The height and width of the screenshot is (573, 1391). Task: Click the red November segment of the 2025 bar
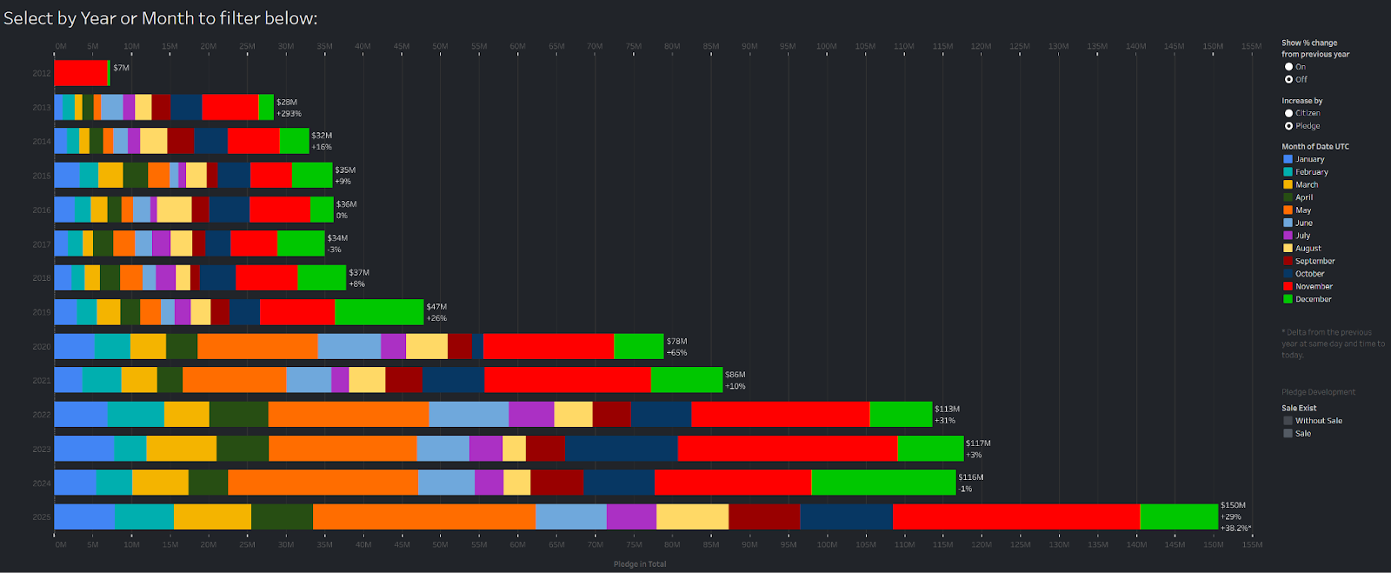(1015, 516)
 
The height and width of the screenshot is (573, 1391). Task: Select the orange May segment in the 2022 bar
(348, 414)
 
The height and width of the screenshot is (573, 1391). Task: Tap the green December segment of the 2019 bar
(378, 311)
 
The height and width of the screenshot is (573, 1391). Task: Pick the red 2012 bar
(80, 73)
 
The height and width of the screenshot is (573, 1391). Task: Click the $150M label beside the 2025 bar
(1233, 505)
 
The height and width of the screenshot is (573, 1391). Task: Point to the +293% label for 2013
(289, 114)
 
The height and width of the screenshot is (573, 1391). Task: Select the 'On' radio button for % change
(1289, 67)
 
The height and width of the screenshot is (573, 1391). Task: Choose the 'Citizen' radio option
(1289, 113)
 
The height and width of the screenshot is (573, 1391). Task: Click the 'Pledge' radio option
(1289, 126)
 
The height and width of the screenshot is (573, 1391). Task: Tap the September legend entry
(1314, 261)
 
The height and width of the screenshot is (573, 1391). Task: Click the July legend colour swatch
(1288, 236)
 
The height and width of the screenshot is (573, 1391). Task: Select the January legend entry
(1309, 159)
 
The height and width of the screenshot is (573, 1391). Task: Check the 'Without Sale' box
(1288, 421)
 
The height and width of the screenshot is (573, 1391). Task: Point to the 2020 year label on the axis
(42, 346)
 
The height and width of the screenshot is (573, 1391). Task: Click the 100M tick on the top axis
(826, 46)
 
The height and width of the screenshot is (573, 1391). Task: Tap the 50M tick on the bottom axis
(440, 544)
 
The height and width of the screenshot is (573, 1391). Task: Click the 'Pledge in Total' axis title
(640, 564)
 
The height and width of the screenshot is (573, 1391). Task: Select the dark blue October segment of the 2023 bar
(621, 448)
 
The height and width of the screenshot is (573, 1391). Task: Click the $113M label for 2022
(947, 409)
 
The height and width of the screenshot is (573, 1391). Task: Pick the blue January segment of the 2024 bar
(75, 482)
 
